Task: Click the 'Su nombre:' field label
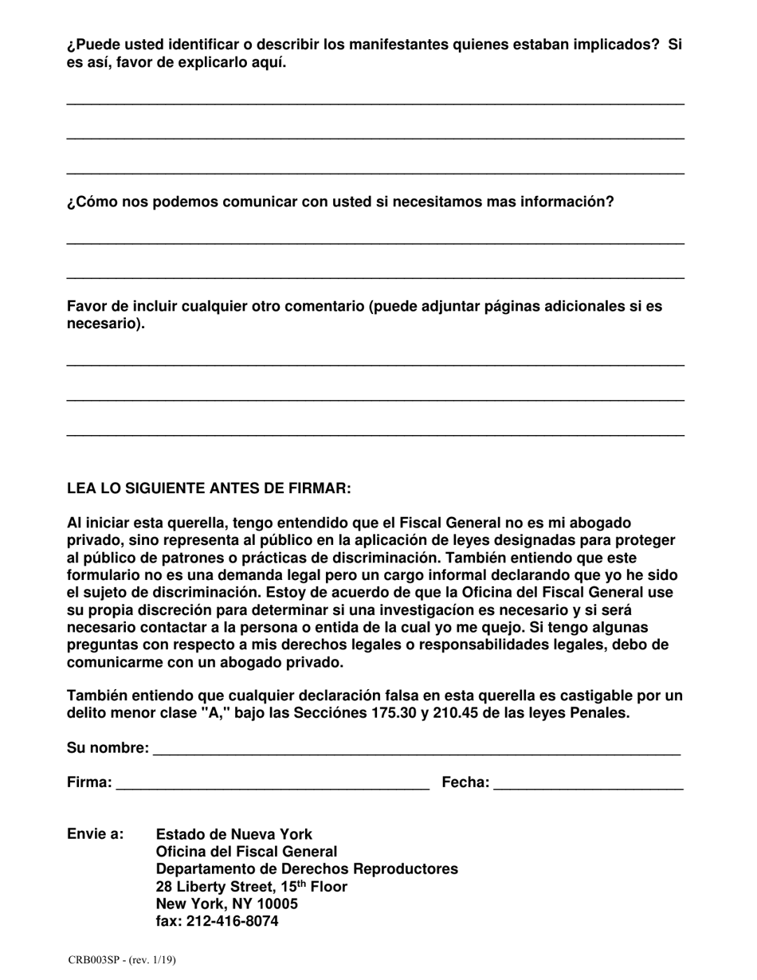(x=108, y=748)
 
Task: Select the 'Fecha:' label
(x=465, y=782)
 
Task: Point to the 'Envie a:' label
(x=95, y=834)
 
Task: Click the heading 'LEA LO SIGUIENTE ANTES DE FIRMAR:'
(x=209, y=488)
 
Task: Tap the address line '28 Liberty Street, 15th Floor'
(x=251, y=887)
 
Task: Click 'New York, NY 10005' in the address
(x=226, y=904)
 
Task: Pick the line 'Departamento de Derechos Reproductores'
(x=307, y=869)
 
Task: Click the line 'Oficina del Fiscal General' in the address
(x=246, y=852)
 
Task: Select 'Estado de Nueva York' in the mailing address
(x=234, y=834)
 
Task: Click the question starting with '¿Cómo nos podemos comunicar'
(x=340, y=202)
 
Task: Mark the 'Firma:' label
(x=89, y=782)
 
